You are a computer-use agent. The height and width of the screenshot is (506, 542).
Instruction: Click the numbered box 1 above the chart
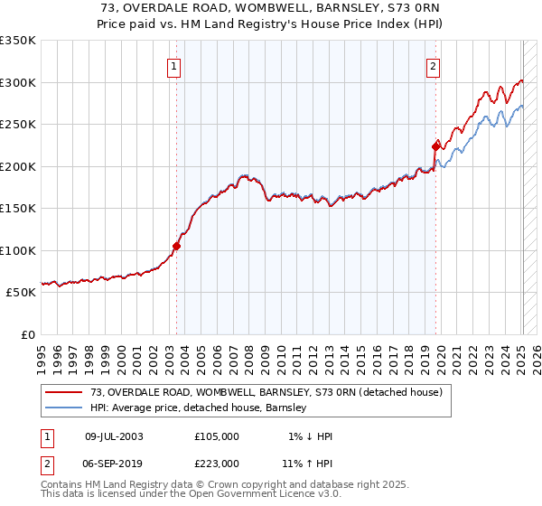tap(173, 65)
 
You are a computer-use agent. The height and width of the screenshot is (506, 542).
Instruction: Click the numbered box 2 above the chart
tap(434, 65)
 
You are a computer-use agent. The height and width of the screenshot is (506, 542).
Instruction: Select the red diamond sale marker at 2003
tap(177, 245)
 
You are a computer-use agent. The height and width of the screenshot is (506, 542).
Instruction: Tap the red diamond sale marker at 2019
tap(436, 146)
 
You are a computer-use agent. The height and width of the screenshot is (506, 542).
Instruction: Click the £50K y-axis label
tap(21, 293)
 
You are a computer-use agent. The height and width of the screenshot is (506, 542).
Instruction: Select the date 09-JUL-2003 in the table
tap(114, 436)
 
